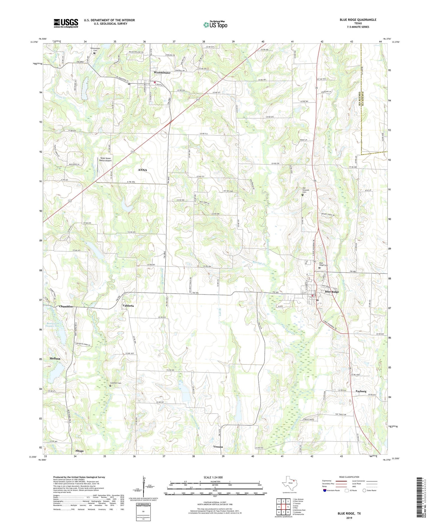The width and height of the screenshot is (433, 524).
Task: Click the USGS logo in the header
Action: (66, 23)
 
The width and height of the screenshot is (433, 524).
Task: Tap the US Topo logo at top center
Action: (215, 25)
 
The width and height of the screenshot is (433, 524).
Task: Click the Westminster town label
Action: (162, 73)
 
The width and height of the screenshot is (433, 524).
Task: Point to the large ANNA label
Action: (142, 170)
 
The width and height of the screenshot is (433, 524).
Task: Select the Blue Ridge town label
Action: (332, 292)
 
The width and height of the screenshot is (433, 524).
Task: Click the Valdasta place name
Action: (128, 306)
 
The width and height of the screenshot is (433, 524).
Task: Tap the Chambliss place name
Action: (66, 306)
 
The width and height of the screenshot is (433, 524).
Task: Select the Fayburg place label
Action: (361, 391)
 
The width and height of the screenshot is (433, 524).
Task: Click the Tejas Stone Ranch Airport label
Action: (105, 159)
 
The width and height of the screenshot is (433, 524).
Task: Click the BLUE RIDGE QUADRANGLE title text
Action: (358, 20)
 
